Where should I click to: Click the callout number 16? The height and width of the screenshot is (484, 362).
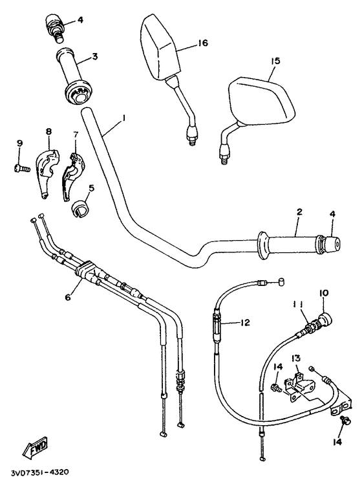point(202,43)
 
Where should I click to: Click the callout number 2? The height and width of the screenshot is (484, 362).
point(299,212)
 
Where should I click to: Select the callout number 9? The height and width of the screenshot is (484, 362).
point(19,143)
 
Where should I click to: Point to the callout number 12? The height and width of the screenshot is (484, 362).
point(244,322)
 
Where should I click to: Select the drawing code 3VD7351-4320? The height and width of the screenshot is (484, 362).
point(39,473)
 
